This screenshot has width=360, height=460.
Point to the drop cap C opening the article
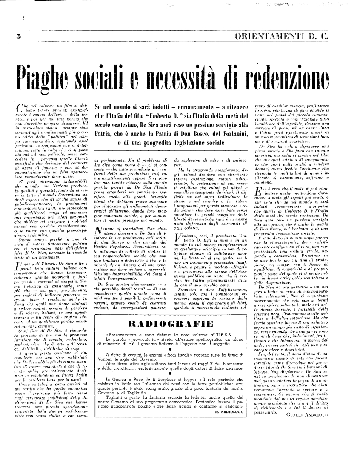tap(17, 107)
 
